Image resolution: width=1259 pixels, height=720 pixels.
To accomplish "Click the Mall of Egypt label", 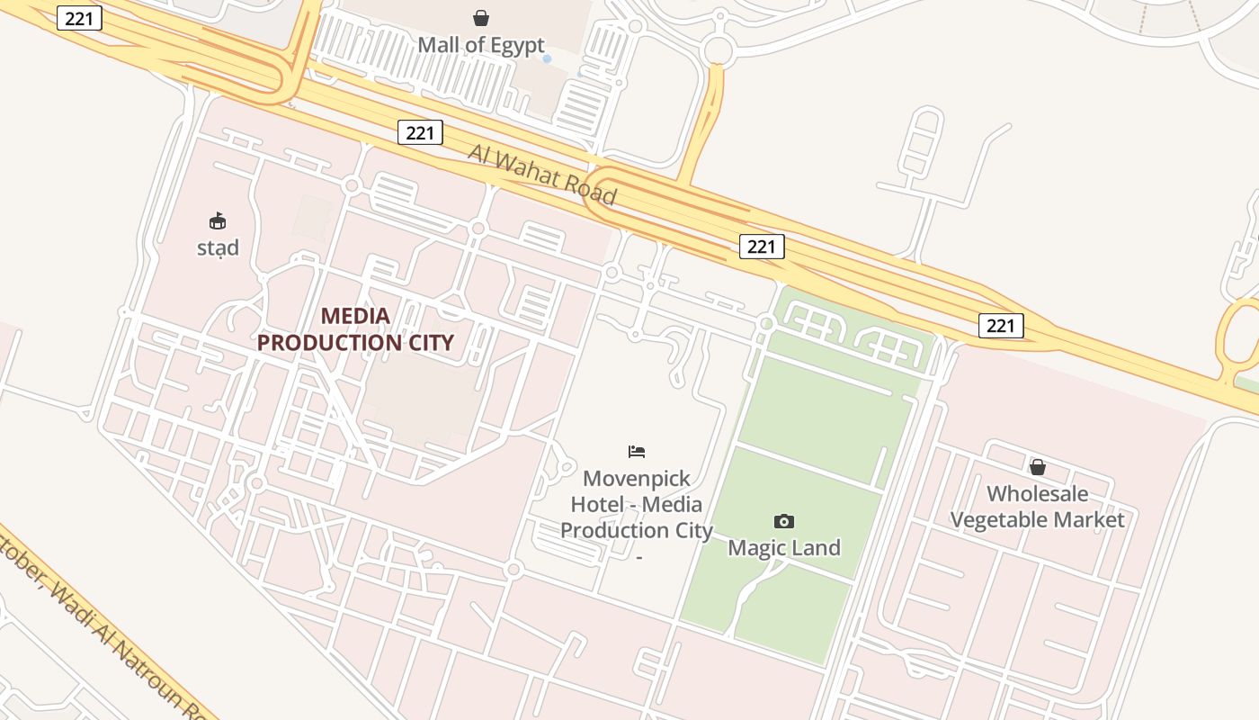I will click(481, 45).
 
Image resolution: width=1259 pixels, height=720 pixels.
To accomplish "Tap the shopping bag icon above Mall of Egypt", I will click(481, 18).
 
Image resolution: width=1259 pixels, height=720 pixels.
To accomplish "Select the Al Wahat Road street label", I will click(542, 175).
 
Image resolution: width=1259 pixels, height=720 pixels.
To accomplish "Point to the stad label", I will click(218, 247).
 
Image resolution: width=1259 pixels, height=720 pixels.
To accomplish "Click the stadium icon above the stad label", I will click(218, 220).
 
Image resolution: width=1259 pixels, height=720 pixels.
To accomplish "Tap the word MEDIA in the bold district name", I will click(355, 316).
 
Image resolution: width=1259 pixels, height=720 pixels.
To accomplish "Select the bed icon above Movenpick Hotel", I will click(637, 451).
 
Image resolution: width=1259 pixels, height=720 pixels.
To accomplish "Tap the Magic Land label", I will click(784, 547).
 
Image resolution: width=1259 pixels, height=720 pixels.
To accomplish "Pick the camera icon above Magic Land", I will click(784, 521).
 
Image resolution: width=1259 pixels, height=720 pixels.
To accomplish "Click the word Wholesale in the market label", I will click(1037, 493).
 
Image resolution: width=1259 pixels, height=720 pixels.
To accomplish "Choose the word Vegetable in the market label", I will click(1006, 520).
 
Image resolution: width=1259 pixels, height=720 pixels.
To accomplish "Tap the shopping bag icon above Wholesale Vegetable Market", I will click(1037, 467).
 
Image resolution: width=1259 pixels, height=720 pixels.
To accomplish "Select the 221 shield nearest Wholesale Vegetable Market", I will click(1001, 325).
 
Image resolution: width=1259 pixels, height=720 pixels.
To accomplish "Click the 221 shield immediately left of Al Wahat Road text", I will click(420, 133).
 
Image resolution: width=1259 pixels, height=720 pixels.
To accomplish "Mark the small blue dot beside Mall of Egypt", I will click(547, 58).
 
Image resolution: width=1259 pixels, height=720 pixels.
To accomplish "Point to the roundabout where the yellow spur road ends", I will click(717, 49).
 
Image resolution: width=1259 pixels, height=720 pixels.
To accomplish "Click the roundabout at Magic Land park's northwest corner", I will click(766, 323).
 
